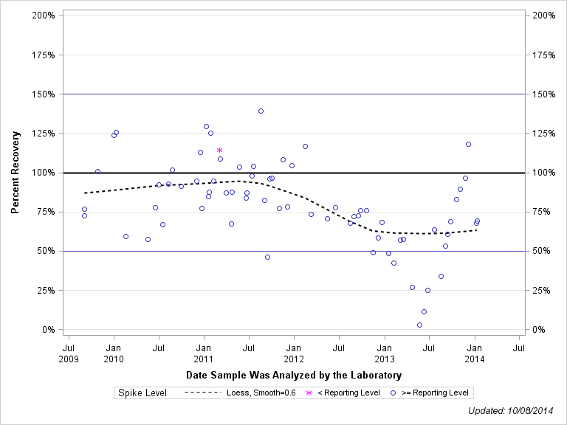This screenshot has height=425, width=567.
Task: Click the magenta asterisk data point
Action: tap(219, 151)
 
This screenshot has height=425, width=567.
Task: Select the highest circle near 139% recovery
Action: tap(261, 111)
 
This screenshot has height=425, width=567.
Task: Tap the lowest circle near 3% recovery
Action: tap(419, 325)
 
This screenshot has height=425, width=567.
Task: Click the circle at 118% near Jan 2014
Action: tap(468, 145)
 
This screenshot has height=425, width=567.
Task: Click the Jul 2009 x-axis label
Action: tap(69, 352)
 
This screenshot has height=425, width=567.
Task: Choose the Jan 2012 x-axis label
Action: tap(294, 352)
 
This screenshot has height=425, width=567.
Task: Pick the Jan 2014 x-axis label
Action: tap(475, 352)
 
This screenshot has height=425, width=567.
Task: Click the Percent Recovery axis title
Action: tap(16, 173)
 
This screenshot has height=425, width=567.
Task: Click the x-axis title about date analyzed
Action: tap(294, 376)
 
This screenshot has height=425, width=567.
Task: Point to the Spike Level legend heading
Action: tap(142, 393)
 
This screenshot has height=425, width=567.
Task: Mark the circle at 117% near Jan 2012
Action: tap(305, 147)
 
